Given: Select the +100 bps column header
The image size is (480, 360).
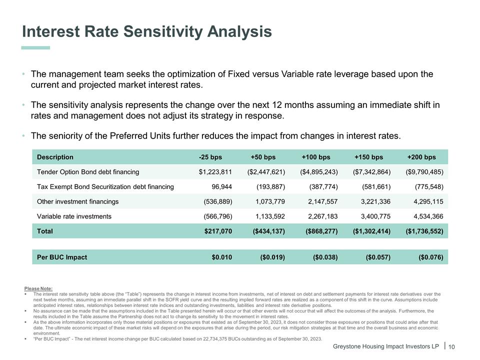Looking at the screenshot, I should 315,157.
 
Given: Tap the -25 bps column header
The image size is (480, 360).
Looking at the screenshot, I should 210,157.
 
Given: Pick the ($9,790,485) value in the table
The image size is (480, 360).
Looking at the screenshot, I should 424,172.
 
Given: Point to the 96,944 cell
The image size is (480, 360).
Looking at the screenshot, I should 222,187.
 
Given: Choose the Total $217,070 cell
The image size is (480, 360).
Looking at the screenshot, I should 218,231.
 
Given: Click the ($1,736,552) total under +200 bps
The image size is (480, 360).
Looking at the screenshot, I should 424,231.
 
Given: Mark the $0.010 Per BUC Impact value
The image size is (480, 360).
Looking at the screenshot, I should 222,257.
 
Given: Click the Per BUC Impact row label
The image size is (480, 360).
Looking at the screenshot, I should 62,257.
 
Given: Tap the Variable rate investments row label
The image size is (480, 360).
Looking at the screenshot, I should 74,216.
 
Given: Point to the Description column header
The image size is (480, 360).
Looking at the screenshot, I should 55,157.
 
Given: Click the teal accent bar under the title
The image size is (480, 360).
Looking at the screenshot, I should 36,48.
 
